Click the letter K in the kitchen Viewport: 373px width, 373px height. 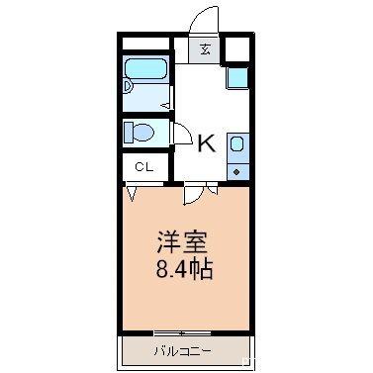[206, 143]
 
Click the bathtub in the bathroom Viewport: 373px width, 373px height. [146, 74]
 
